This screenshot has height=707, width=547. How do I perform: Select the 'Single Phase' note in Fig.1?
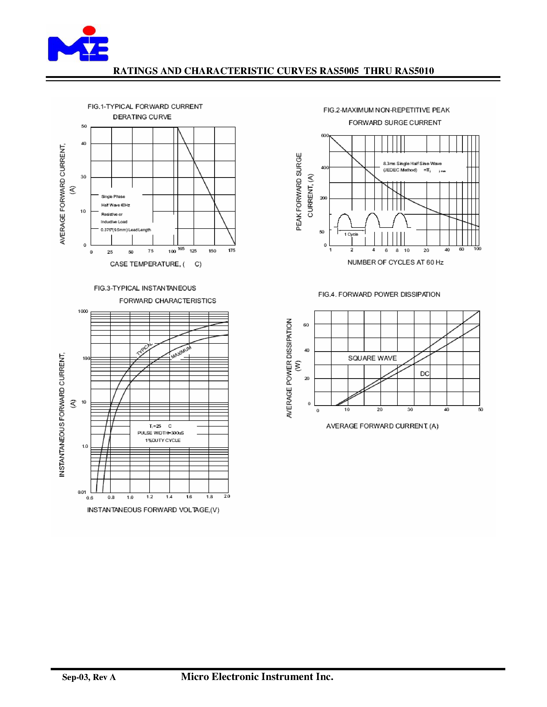coord(113,196)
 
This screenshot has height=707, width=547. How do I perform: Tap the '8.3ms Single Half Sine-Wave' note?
coord(412,164)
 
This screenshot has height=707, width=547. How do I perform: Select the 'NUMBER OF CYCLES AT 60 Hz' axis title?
coord(395,262)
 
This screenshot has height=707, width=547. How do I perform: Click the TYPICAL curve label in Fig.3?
coord(144,349)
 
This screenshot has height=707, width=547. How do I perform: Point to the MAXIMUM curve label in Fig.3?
coord(181,352)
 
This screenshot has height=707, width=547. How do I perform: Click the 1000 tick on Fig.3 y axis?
coord(83,311)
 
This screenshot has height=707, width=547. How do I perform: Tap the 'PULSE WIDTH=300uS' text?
coord(161,433)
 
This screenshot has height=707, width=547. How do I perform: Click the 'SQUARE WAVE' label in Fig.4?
coord(372,358)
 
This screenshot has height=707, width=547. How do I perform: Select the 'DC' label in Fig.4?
coord(424,374)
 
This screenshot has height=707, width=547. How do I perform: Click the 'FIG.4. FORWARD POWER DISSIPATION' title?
coord(379,294)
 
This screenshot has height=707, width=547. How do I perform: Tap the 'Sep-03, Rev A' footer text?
coord(89,677)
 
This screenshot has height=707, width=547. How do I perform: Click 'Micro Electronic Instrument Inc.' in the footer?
coord(257,677)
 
